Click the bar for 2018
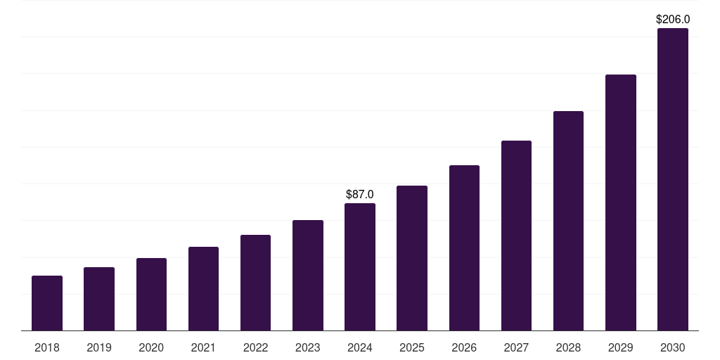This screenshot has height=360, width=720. (x=47, y=303)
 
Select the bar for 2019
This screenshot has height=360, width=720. (x=99, y=299)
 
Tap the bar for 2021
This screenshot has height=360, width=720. (x=203, y=288)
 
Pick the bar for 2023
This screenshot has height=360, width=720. (x=308, y=275)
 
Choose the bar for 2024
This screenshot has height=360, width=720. (x=360, y=266)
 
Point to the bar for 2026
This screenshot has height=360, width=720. (x=464, y=247)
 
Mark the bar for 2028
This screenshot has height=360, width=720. (x=568, y=221)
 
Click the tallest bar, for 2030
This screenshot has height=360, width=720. (x=673, y=179)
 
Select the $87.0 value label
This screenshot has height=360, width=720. (x=360, y=194)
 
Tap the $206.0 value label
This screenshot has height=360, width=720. (x=673, y=20)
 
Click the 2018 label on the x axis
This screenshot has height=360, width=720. (x=47, y=347)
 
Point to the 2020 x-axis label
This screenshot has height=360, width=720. (x=151, y=347)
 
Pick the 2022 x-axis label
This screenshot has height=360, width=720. (x=256, y=347)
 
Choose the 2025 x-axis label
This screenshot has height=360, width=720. (x=412, y=347)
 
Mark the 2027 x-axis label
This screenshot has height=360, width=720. (x=516, y=347)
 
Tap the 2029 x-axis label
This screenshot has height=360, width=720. (x=621, y=347)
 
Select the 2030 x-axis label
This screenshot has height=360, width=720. (x=673, y=347)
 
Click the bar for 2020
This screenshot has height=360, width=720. (x=151, y=294)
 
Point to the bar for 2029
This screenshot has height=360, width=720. (x=621, y=202)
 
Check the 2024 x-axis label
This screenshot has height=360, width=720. (x=360, y=347)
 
